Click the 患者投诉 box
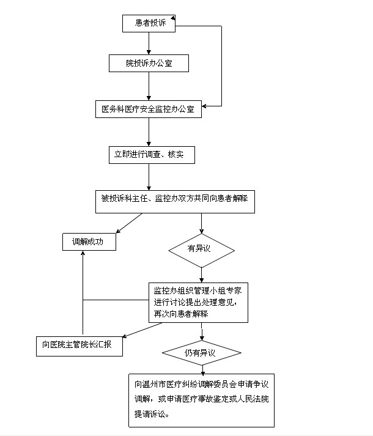[x=149, y=24]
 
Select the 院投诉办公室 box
[x=149, y=63]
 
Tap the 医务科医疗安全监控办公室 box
[x=149, y=109]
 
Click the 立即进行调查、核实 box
[x=149, y=155]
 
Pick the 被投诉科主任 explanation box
[x=175, y=199]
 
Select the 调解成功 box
[x=90, y=242]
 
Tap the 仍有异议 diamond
[x=201, y=353]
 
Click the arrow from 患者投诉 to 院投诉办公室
[x=149, y=44]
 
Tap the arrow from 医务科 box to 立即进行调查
[x=149, y=131]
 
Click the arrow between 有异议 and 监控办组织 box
[x=202, y=275]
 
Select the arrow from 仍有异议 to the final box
[x=201, y=369]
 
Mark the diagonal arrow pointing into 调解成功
[x=129, y=223]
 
